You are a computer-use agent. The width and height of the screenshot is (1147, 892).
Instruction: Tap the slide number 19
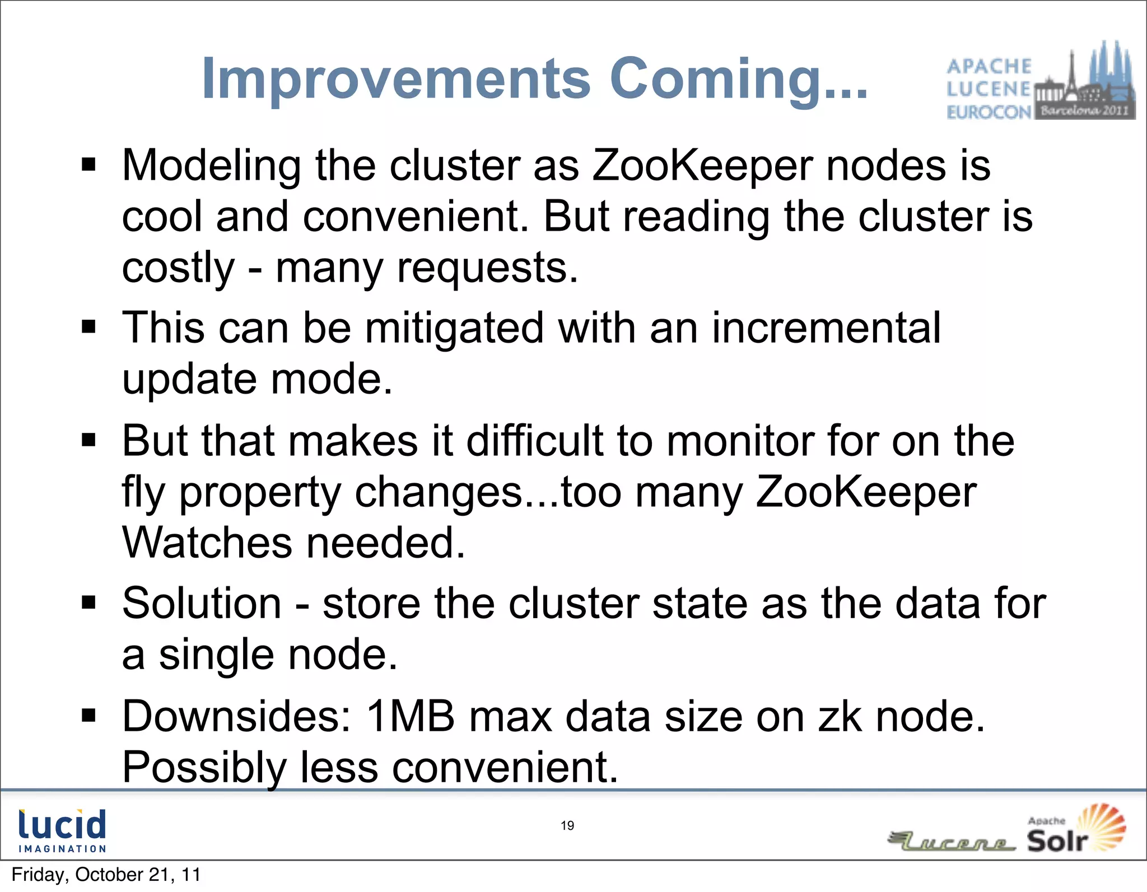567,825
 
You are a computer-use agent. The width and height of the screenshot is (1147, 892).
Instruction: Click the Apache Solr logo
1075,829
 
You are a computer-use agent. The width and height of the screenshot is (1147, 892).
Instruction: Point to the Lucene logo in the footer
952,842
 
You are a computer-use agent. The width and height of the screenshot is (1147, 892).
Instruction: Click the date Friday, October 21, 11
106,875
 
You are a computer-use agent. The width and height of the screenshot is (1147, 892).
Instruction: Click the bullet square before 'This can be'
88,326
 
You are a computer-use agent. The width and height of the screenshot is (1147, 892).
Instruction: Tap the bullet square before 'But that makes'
88,440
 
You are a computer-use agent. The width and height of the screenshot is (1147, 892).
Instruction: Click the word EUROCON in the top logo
989,113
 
